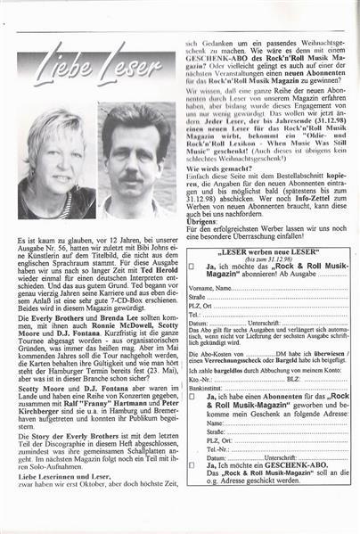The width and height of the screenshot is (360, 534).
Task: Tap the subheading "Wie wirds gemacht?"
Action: click(214, 152)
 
